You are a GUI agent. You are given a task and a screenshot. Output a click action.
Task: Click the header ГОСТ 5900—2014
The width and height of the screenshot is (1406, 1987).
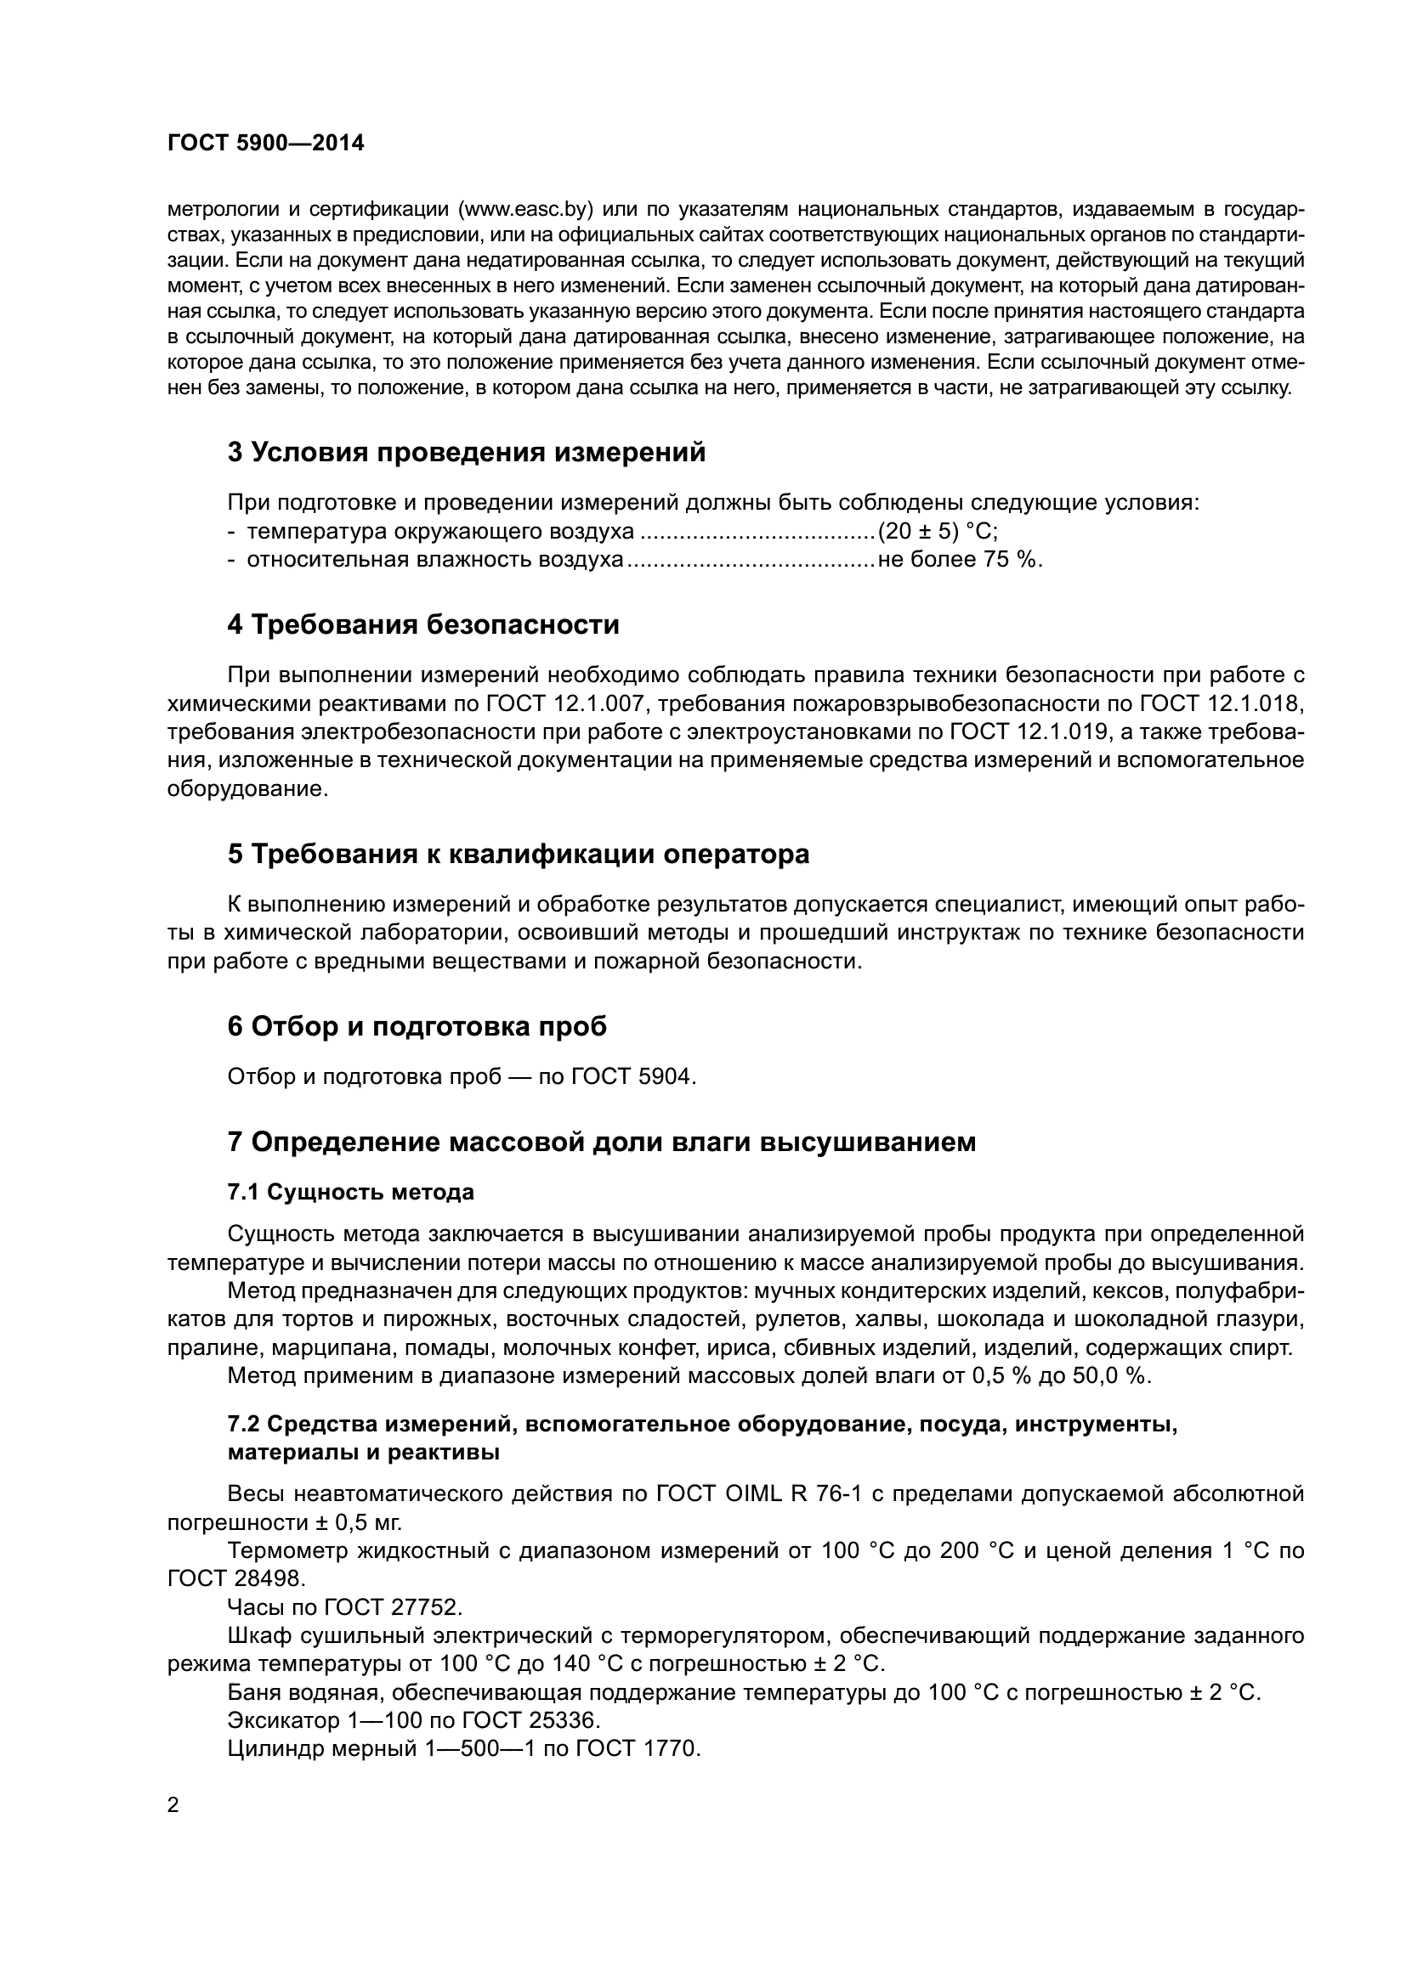[x=265, y=144]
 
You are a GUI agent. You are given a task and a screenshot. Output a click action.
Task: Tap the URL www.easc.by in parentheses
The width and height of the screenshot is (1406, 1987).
[x=524, y=209]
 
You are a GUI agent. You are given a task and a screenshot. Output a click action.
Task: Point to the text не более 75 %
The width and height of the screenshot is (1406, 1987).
[x=960, y=559]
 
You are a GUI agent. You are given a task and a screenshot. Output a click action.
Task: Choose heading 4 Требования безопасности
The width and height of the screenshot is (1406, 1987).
[x=423, y=624]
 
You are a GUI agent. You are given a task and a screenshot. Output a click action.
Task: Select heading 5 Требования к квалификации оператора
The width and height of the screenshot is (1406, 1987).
[x=519, y=853]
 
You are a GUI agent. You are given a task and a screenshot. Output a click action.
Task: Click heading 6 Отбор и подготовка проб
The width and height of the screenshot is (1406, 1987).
[x=417, y=1026]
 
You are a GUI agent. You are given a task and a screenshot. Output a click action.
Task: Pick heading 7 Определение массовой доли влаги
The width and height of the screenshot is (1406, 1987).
[x=601, y=1142]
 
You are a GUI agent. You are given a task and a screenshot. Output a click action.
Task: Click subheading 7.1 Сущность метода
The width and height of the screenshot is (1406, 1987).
[x=350, y=1192]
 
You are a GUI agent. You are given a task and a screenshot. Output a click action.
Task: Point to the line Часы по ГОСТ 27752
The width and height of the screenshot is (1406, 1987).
[x=345, y=1606]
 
